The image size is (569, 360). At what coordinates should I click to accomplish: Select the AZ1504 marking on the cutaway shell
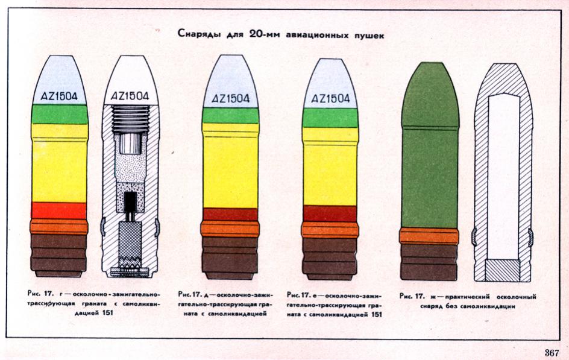point(130,95)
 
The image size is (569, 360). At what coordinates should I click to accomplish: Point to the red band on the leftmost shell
point(59,210)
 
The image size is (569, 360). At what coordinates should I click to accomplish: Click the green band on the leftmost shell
point(60,114)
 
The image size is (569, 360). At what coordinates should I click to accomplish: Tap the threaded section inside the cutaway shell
point(131,119)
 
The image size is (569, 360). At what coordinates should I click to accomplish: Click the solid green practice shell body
point(429,145)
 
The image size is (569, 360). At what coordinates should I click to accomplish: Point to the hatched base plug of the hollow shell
point(503,270)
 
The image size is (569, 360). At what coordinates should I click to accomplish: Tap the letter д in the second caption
point(206,295)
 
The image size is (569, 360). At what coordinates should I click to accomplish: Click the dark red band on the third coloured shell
point(330,213)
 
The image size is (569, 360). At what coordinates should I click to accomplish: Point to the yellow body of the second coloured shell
point(231,166)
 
